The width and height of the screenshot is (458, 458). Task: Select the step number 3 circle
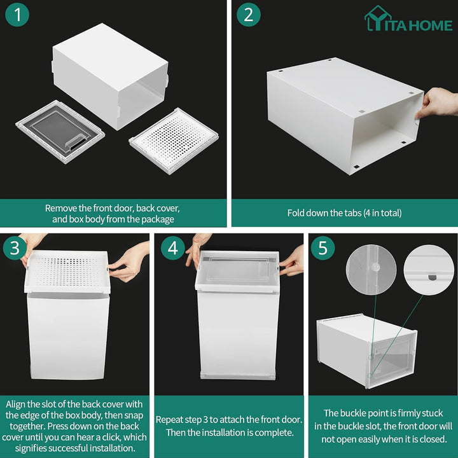point(15,248)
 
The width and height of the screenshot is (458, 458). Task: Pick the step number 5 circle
point(323,248)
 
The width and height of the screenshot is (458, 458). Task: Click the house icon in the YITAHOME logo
point(377,18)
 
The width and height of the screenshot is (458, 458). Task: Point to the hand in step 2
point(439,103)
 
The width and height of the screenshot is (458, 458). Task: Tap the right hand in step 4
point(292,261)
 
